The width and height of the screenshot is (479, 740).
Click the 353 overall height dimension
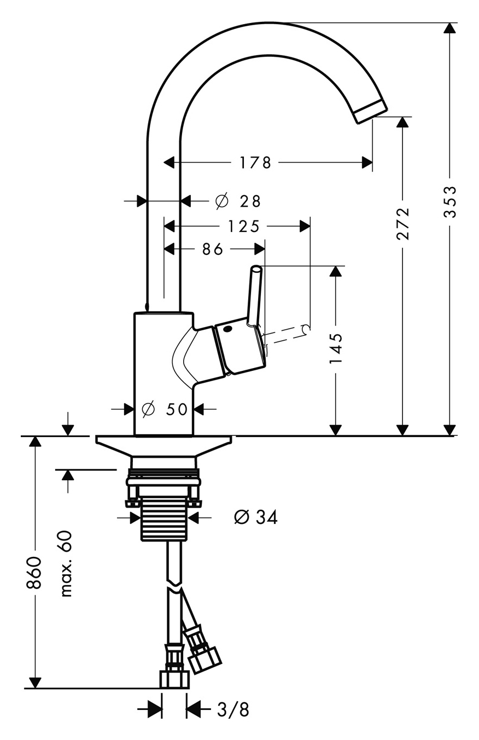click(449, 201)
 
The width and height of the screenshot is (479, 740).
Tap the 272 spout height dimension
click(403, 223)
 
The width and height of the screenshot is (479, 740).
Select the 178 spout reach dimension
click(255, 162)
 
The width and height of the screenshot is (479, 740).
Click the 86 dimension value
click(213, 249)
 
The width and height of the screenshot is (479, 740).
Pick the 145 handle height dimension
click(336, 349)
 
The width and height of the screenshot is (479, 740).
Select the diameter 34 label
click(255, 517)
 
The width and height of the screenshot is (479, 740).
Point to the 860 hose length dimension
click(34, 573)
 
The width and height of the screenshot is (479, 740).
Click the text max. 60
click(67, 563)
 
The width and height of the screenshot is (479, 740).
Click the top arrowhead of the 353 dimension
click(449, 29)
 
